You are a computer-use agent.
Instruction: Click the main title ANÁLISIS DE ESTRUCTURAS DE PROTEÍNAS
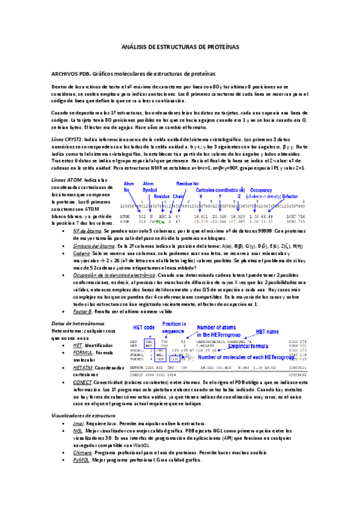(x=180, y=46)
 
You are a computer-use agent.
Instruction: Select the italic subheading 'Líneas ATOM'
(x=67, y=180)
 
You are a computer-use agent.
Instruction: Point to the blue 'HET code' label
(x=141, y=328)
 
